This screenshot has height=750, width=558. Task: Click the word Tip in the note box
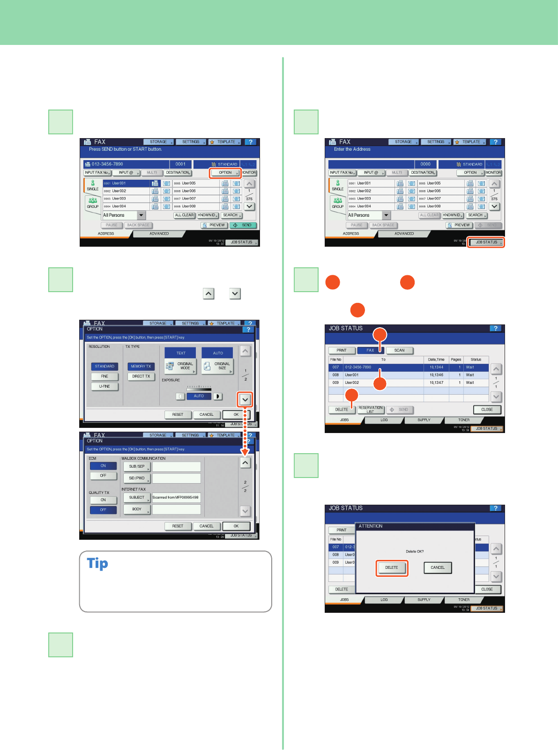click(x=97, y=564)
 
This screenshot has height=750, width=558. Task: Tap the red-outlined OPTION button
click(x=225, y=173)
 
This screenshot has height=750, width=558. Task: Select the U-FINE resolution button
click(x=104, y=387)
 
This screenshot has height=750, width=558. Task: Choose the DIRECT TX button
click(x=141, y=376)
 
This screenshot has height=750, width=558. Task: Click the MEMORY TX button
click(x=141, y=367)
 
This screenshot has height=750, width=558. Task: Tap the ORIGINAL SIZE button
click(x=217, y=366)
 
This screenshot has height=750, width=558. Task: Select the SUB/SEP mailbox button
click(x=137, y=467)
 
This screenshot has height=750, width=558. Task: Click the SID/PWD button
click(x=137, y=478)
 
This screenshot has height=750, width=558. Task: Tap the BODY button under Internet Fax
click(x=137, y=509)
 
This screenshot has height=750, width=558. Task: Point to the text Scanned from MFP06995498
click(x=176, y=498)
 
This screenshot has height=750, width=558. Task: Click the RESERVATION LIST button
click(x=371, y=410)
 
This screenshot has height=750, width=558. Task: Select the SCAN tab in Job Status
click(x=399, y=351)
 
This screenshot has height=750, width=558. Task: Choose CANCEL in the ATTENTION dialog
click(x=438, y=568)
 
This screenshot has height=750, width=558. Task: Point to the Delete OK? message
click(x=415, y=551)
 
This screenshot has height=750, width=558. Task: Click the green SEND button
click(x=243, y=225)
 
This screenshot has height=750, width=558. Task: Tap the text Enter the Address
click(x=352, y=149)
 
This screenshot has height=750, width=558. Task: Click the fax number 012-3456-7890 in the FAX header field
click(x=107, y=164)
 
